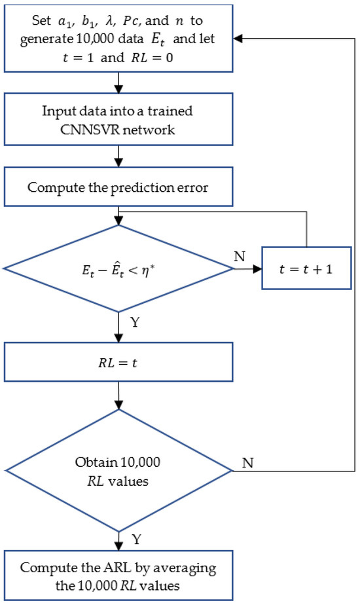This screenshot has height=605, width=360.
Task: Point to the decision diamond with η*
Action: click(118, 268)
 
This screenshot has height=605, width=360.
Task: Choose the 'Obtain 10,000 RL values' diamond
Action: click(118, 470)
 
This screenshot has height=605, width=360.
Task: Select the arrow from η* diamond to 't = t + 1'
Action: click(247, 268)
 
